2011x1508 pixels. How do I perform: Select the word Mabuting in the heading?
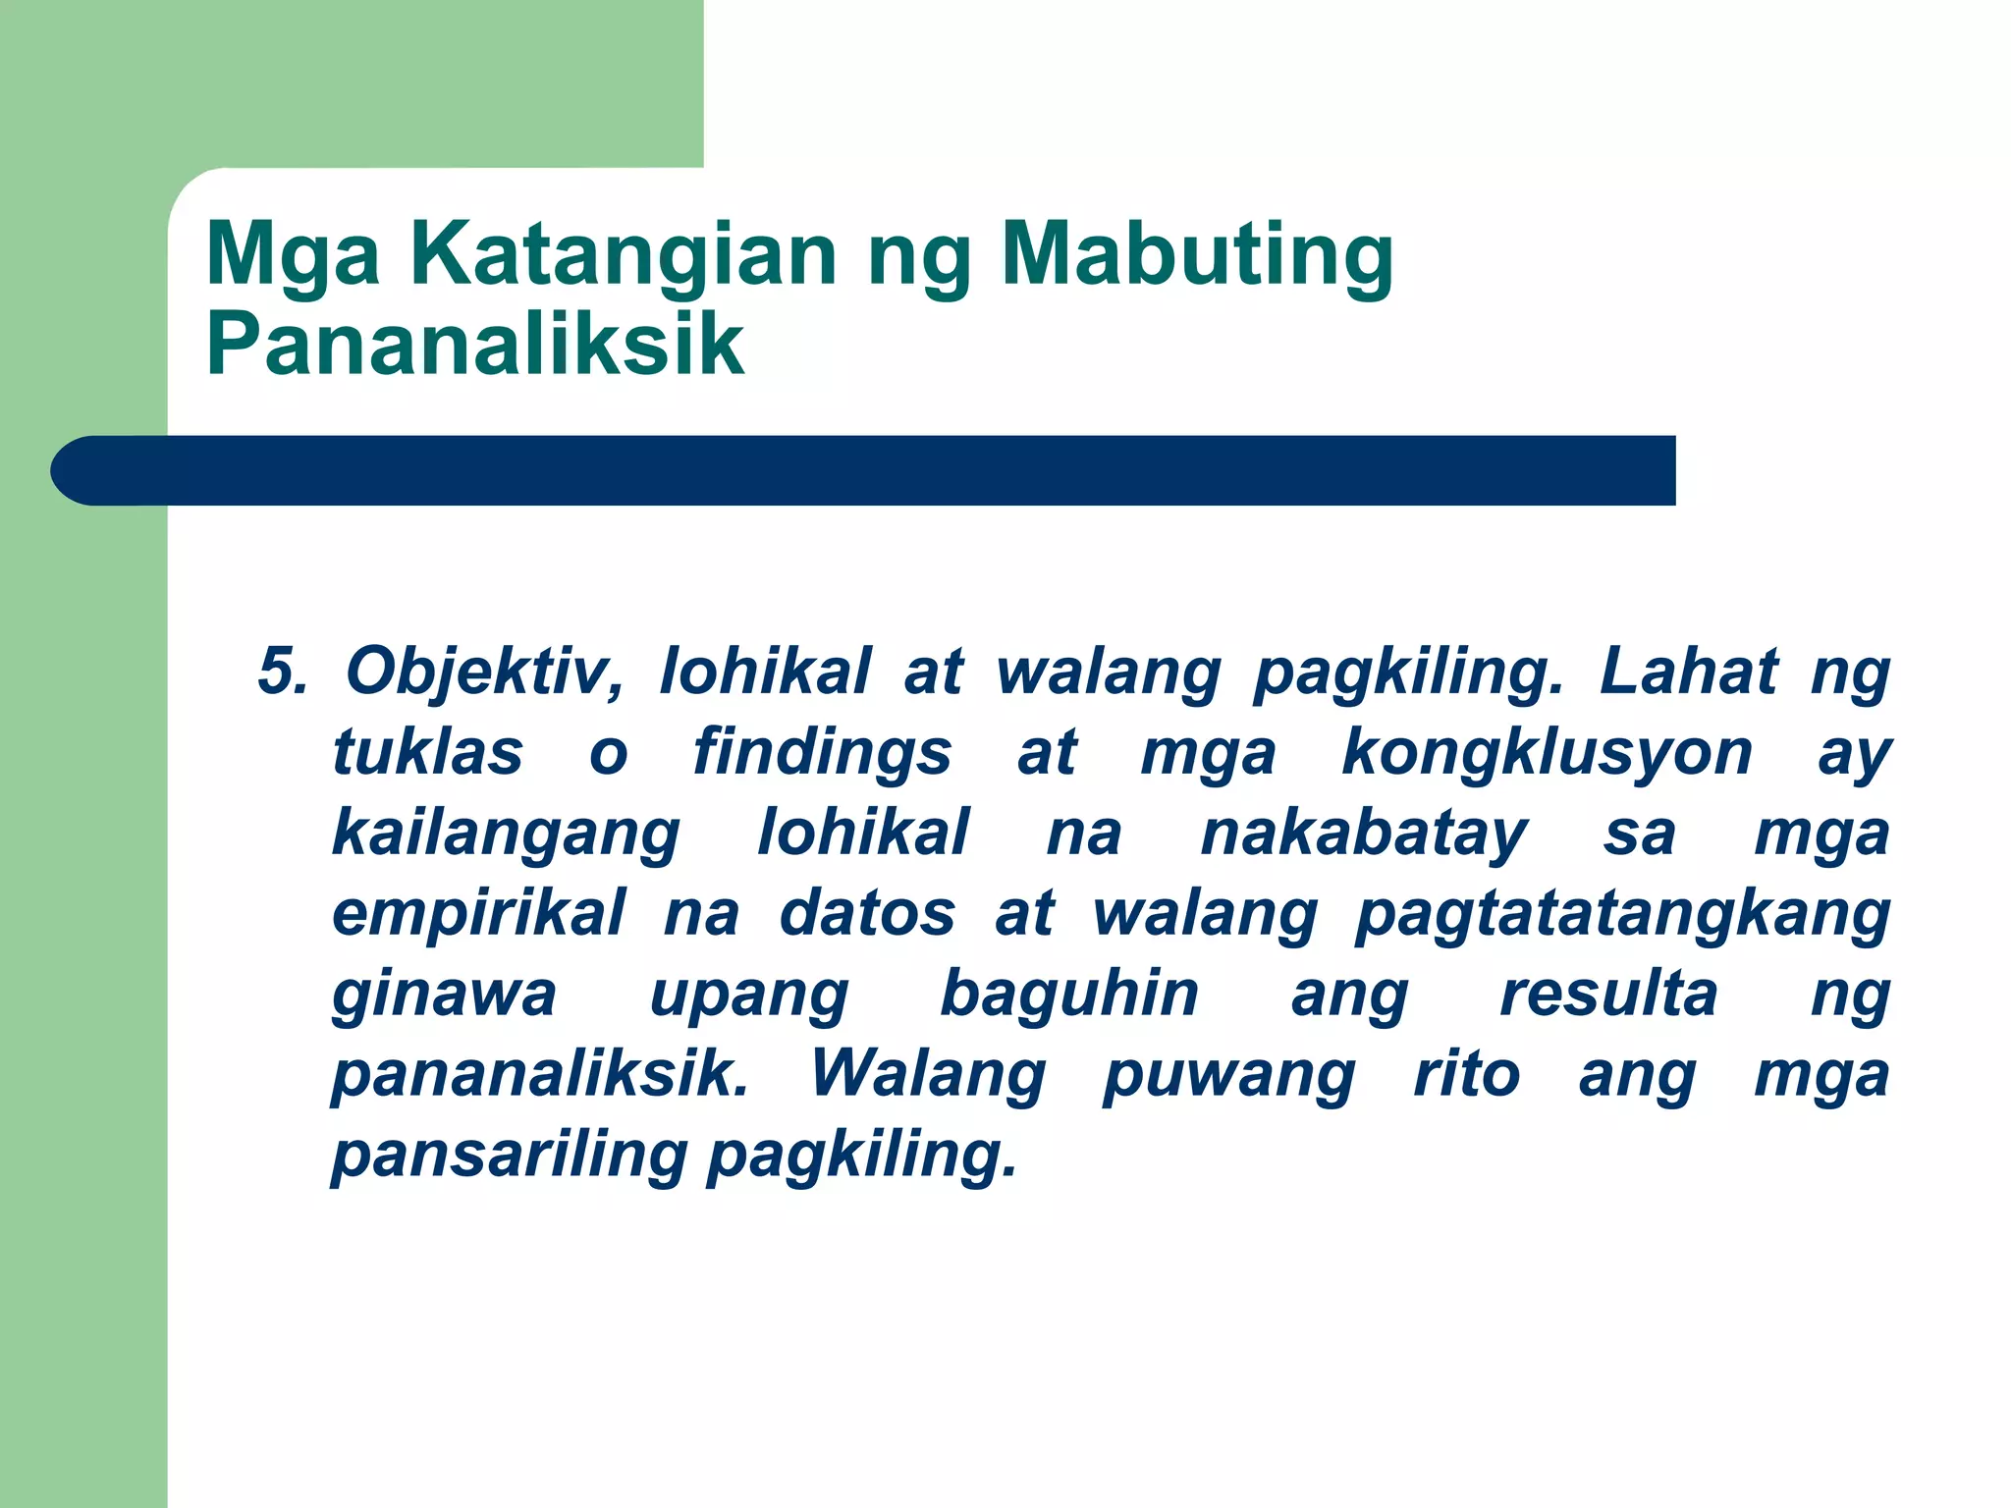click(x=1196, y=255)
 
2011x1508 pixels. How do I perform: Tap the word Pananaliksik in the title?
click(x=475, y=344)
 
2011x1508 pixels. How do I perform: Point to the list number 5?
click(x=281, y=673)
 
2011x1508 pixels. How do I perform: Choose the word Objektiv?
click(x=484, y=673)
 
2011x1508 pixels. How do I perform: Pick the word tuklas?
click(x=428, y=753)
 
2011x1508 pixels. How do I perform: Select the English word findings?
click(x=822, y=753)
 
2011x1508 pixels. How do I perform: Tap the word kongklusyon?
click(x=1547, y=753)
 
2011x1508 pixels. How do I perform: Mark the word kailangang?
click(x=506, y=834)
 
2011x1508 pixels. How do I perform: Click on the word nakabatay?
click(x=1363, y=834)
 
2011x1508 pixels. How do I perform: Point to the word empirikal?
click(x=478, y=914)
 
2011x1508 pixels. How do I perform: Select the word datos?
click(x=866, y=914)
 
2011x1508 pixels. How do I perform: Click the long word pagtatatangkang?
click(x=1622, y=914)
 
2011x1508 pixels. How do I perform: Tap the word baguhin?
click(x=1069, y=994)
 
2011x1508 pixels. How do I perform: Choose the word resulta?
click(x=1608, y=994)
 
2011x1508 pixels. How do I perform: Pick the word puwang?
click(x=1229, y=1074)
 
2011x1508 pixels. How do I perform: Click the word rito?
click(x=1467, y=1074)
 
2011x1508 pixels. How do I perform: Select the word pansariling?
click(x=510, y=1155)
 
